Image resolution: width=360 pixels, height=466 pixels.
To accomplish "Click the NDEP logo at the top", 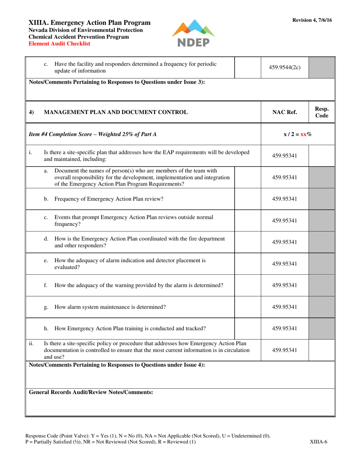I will pos(193,33).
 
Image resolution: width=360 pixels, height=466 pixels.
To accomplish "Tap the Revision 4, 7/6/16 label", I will pos(312,20).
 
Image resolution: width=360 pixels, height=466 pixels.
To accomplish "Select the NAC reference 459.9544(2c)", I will pos(285,68).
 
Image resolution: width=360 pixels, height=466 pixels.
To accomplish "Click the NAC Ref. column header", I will pos(285,112).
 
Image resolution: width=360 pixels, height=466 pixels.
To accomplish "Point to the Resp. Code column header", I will pos(321,112).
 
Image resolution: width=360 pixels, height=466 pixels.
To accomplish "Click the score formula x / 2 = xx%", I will pos(297,134).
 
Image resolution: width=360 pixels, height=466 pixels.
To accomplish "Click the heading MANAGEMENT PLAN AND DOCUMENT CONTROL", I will pos(116,112).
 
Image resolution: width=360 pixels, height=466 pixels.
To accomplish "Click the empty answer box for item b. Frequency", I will pos(248,199).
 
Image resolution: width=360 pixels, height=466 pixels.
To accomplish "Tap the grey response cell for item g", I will pos(321,307).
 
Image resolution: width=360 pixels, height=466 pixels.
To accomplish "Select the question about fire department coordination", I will pos(139,242).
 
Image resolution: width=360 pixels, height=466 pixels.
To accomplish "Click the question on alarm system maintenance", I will pos(110,307).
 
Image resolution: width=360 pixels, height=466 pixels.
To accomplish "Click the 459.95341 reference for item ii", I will pos(285,350).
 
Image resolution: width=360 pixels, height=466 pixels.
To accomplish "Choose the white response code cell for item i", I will pos(321,155).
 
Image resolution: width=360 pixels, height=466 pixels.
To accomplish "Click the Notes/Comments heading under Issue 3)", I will pos(117,82).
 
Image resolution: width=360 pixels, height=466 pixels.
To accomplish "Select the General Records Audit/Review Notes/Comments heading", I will pos(91,393).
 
